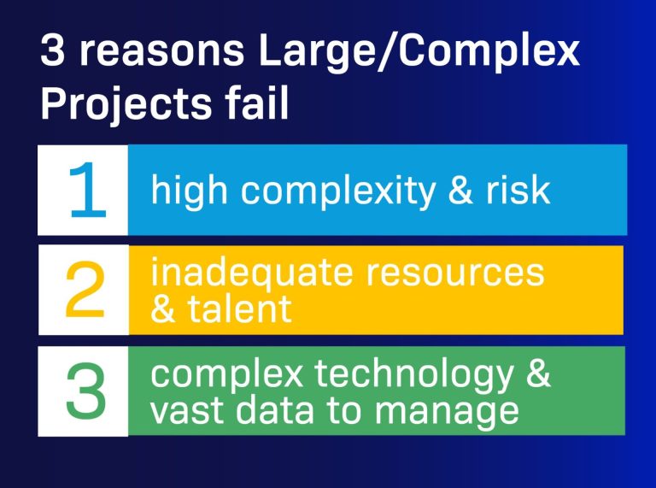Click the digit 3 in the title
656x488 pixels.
[x=53, y=55]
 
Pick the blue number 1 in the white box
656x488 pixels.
[x=85, y=190]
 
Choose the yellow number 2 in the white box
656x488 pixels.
[x=85, y=290]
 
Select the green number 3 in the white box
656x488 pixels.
[x=85, y=391]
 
